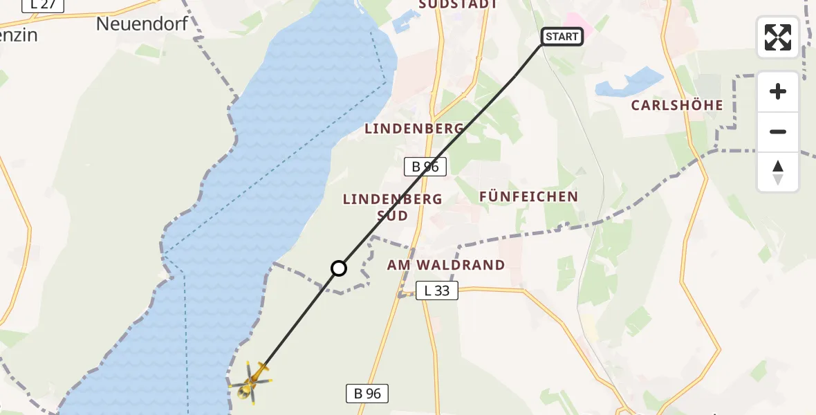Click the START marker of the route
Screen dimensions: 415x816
click(x=562, y=37)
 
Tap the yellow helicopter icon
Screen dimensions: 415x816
click(x=252, y=381)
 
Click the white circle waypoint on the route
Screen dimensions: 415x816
click(x=339, y=268)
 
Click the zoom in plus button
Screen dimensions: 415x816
click(x=778, y=91)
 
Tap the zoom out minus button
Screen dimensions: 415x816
click(x=778, y=131)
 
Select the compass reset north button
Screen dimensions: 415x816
click(x=778, y=172)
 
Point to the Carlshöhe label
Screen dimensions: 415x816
click(x=677, y=106)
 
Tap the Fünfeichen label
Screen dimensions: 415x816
click(x=528, y=197)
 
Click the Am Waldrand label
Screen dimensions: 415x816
click(x=446, y=265)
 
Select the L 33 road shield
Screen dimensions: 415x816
click(x=437, y=290)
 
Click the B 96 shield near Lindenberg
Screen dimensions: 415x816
click(x=426, y=166)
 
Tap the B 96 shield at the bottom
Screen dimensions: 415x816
click(x=367, y=394)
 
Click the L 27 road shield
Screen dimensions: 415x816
click(x=43, y=4)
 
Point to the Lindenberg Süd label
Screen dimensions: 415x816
click(x=393, y=207)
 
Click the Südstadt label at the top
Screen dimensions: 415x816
click(x=458, y=4)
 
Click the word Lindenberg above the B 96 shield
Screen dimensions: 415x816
click(x=414, y=129)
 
